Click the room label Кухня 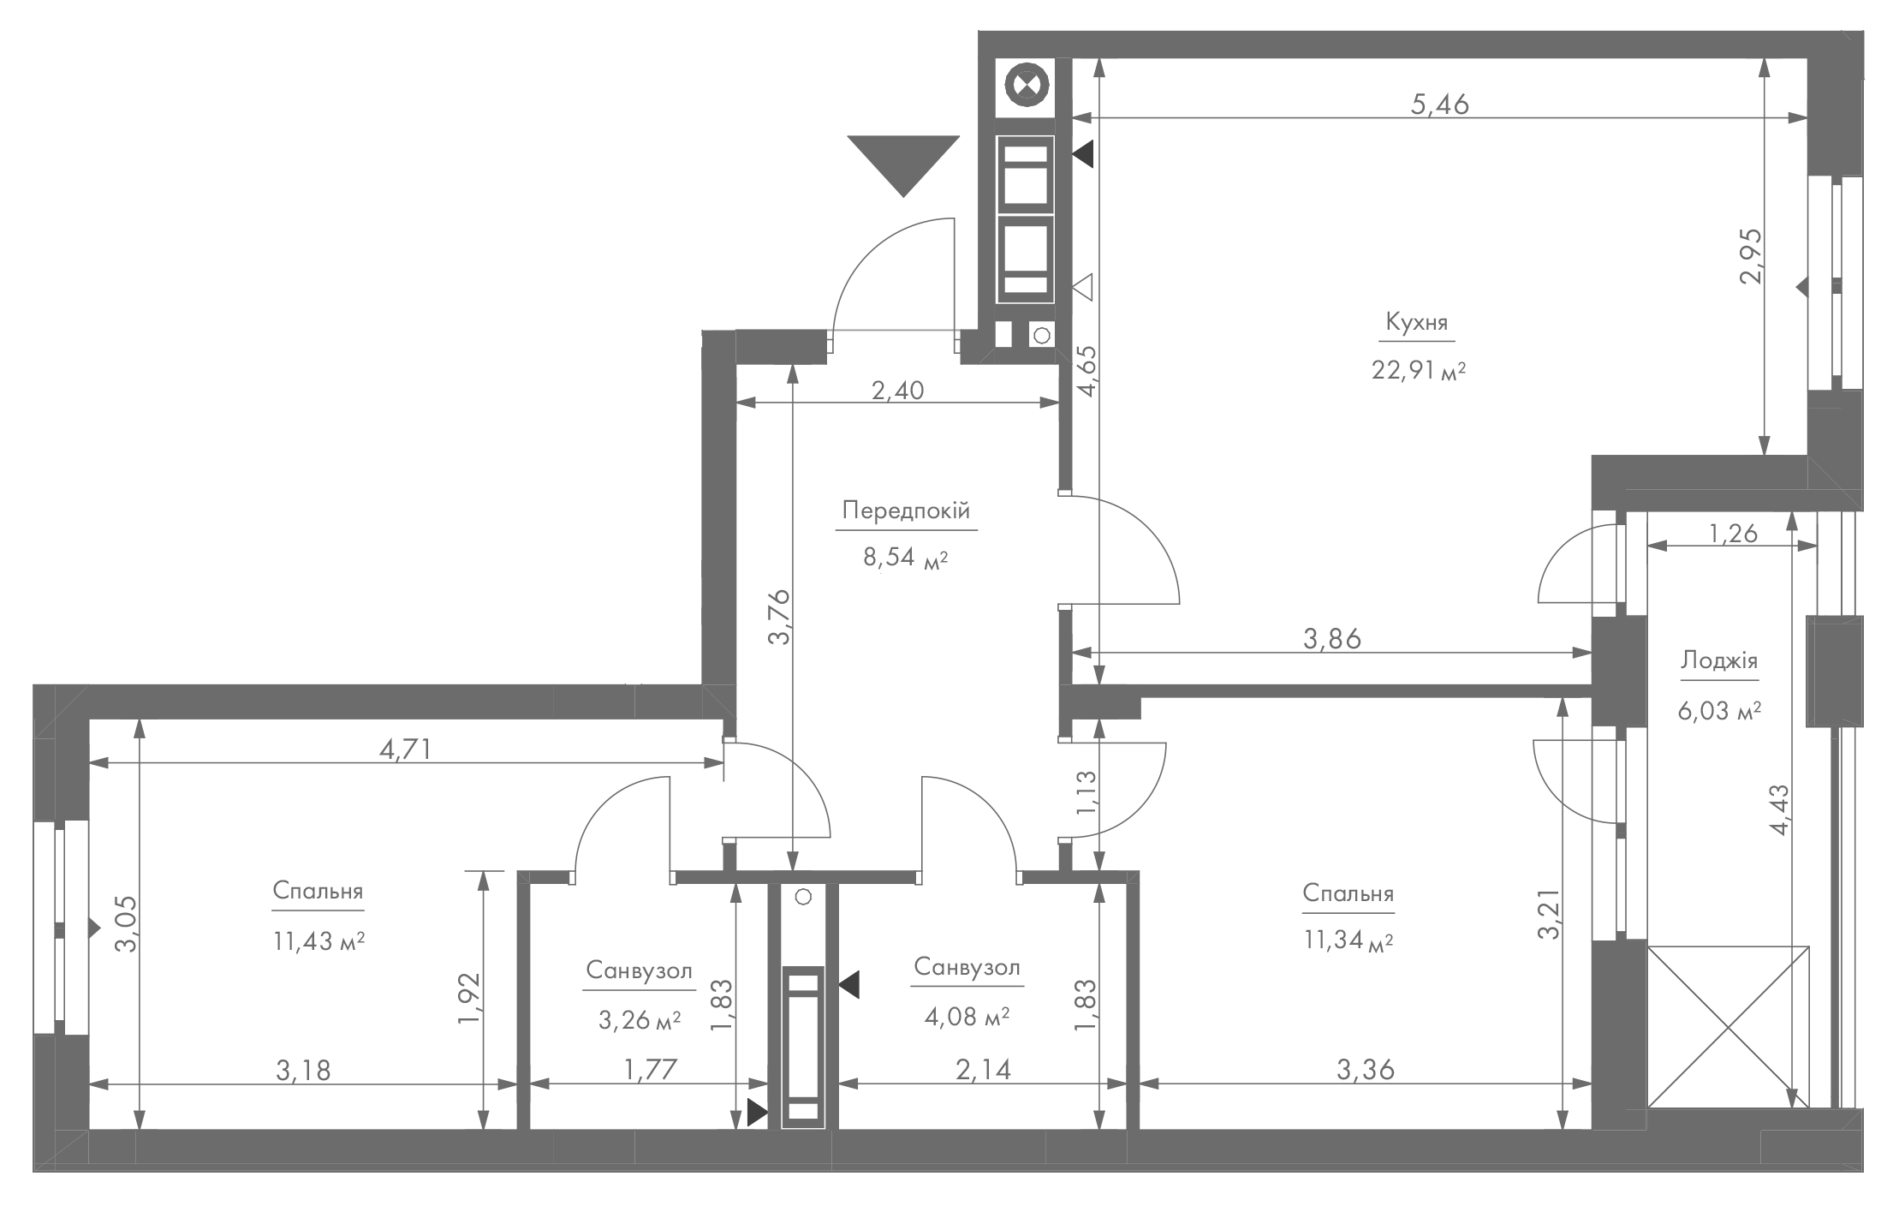tap(1416, 323)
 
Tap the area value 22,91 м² tap(1419, 371)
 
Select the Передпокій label tap(906, 511)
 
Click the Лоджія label tap(1719, 660)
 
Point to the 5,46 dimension tap(1439, 104)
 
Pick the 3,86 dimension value tap(1331, 639)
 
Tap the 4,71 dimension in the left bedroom tap(404, 749)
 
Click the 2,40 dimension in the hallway tap(897, 391)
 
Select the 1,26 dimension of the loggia tap(1733, 534)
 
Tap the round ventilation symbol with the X tap(1026, 86)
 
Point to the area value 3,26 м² tap(640, 1019)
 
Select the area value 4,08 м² tap(967, 1017)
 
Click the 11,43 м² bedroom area tap(319, 941)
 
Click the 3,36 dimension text tap(1366, 1070)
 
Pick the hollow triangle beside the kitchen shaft tap(1083, 286)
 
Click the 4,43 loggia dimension tap(1779, 821)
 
